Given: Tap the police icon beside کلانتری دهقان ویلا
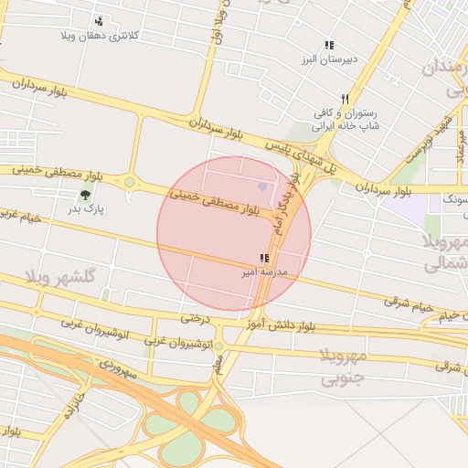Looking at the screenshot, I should pyautogui.click(x=99, y=20).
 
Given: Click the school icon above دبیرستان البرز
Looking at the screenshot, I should pyautogui.click(x=329, y=45).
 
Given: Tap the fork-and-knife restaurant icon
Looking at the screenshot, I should pyautogui.click(x=345, y=99).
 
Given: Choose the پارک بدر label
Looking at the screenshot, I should pyautogui.click(x=87, y=209).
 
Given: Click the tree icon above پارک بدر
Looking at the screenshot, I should pyautogui.click(x=86, y=194).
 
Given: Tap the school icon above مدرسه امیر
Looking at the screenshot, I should pyautogui.click(x=264, y=259).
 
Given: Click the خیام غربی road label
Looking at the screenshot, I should pyautogui.click(x=22, y=216).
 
